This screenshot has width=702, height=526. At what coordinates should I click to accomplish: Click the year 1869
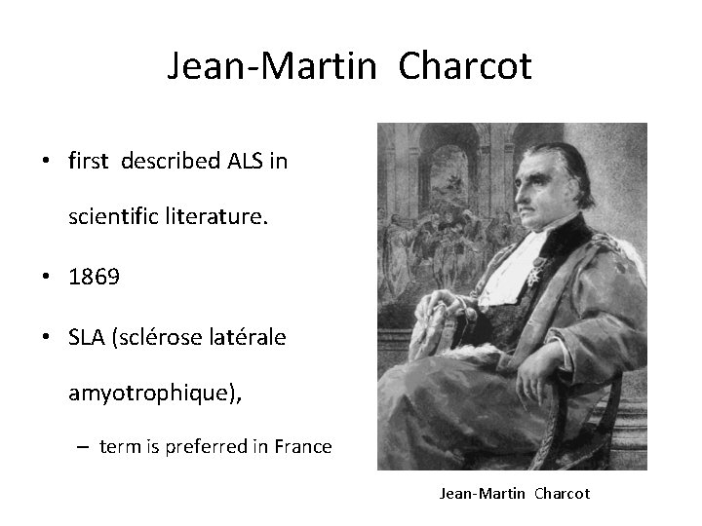click(x=95, y=277)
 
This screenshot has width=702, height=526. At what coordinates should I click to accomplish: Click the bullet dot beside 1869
click(x=46, y=278)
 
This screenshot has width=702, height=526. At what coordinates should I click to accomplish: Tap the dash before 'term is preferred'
click(x=84, y=447)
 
